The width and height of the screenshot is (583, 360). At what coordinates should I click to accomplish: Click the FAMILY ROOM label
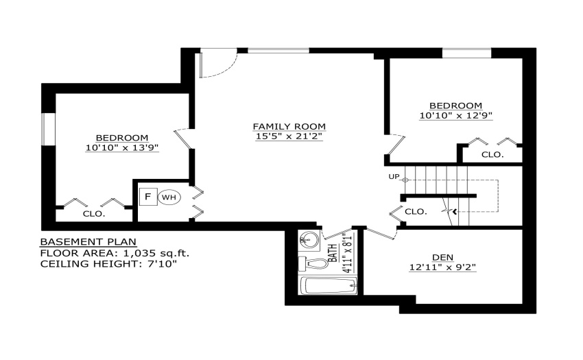(289, 126)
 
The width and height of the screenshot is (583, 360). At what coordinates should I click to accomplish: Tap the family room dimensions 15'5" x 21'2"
(289, 136)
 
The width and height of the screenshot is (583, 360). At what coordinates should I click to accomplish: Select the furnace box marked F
(148, 197)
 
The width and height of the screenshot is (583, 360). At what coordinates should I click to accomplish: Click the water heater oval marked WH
(169, 197)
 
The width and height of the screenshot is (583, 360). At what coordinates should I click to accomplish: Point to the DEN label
(442, 257)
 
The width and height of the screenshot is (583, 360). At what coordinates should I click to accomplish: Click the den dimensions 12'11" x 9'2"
(442, 267)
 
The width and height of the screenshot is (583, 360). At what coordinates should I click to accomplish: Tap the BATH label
(333, 253)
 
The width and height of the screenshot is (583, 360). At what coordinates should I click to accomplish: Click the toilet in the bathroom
(313, 264)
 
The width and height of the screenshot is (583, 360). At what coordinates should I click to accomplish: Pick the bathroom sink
(310, 240)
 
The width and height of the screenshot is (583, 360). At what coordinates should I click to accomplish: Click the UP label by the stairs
(394, 177)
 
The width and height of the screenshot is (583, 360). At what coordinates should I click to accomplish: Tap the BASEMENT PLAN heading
(88, 242)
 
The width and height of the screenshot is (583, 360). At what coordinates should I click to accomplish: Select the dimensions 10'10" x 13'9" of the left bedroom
(122, 147)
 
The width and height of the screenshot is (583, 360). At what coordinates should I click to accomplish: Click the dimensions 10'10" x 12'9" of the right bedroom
(456, 116)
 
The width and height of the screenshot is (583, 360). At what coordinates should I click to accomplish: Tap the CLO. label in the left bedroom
(94, 214)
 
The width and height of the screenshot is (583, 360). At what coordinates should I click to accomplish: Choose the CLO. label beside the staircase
(416, 212)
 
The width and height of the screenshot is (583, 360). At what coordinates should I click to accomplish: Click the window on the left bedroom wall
(48, 129)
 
